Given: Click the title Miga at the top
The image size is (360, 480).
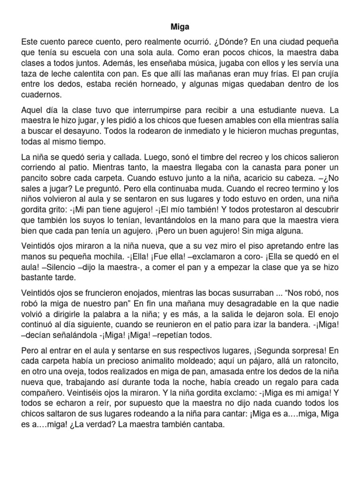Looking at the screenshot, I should [x=180, y=28].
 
